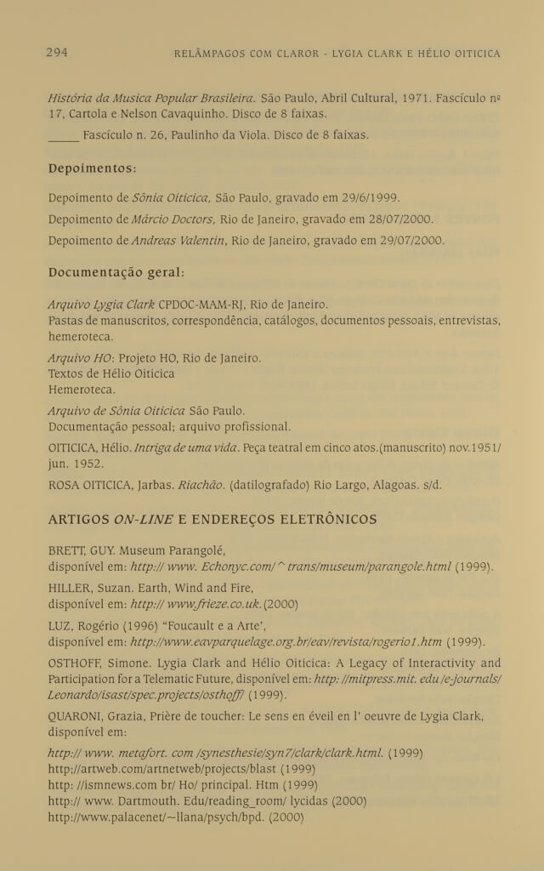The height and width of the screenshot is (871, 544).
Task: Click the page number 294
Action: pyautogui.click(x=56, y=53)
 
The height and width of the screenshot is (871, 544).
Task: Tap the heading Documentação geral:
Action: pyautogui.click(x=116, y=274)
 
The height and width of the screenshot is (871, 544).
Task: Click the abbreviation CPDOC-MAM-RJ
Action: pyautogui.click(x=198, y=304)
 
